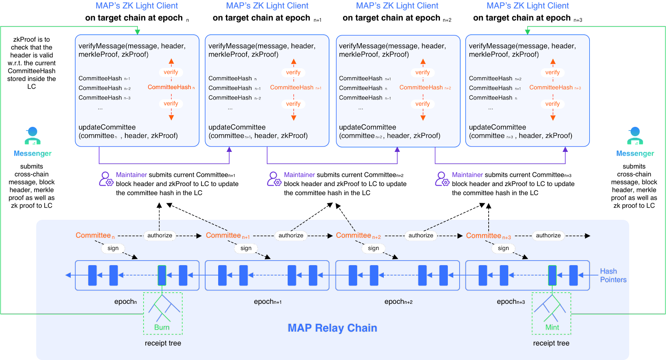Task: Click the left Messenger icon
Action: (x=32, y=136)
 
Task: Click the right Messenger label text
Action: (x=635, y=154)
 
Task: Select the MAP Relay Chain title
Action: (x=333, y=328)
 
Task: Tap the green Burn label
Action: (x=162, y=328)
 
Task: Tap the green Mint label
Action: (x=552, y=328)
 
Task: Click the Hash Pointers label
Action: (x=613, y=276)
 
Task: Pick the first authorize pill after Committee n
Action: (x=160, y=236)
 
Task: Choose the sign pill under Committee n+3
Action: (x=503, y=248)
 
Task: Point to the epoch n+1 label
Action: (x=268, y=302)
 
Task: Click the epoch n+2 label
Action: (x=398, y=302)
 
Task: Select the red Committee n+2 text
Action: (x=358, y=236)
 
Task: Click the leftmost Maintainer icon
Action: (x=106, y=179)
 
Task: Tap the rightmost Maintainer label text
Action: (x=467, y=175)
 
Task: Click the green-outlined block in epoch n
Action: (x=162, y=275)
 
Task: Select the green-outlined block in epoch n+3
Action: (x=552, y=275)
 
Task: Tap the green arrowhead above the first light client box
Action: (x=137, y=32)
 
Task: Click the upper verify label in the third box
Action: (x=422, y=72)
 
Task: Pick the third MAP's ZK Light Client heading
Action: (x=397, y=6)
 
